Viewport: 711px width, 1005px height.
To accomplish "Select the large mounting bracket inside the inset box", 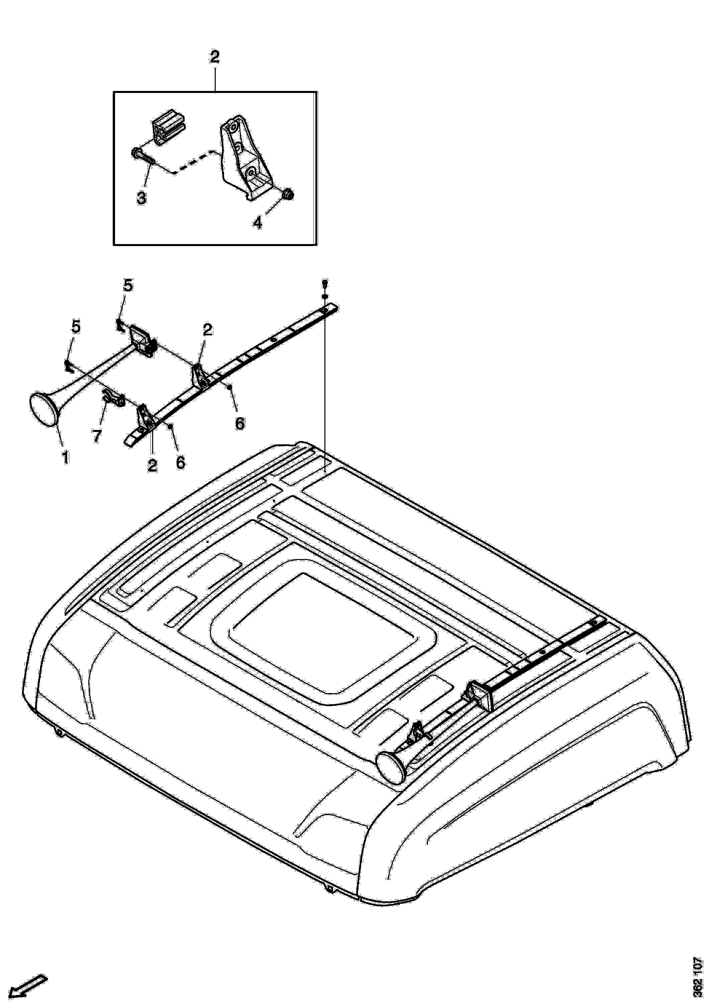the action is [245, 157].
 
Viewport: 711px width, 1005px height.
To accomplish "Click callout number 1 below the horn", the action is [65, 458].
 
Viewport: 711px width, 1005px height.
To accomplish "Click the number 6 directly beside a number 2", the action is [180, 462].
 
